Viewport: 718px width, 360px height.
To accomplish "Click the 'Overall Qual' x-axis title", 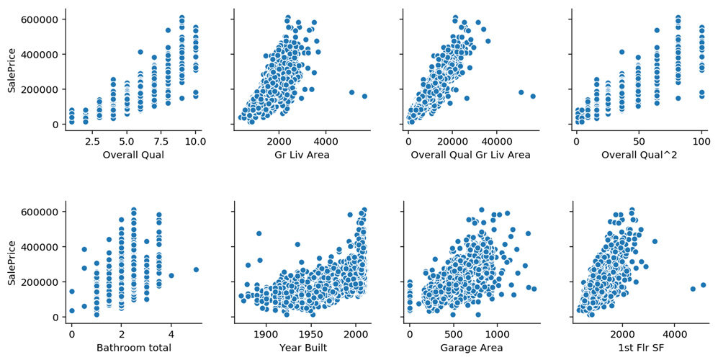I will tap(133, 155).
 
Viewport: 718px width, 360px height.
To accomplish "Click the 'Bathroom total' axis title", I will tap(133, 348).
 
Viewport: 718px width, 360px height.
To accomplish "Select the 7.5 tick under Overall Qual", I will tap(154, 141).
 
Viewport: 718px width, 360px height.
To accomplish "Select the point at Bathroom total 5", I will tap(195, 270).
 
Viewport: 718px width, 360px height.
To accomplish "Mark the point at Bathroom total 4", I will tap(171, 276).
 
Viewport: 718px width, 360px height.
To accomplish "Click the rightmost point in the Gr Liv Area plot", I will tap(364, 96).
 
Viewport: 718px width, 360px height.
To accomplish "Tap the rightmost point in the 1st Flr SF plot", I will tap(704, 285).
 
